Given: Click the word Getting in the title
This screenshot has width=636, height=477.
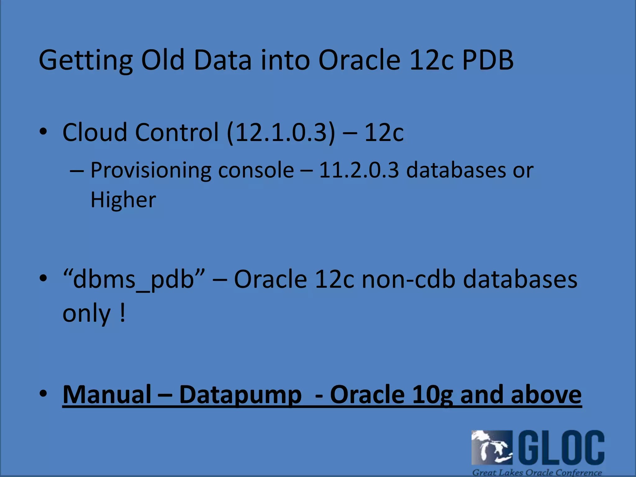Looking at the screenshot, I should [x=85, y=61].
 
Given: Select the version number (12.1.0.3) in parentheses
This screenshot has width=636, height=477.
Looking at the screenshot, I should [x=281, y=132].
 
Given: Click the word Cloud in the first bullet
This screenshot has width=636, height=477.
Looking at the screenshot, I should [x=94, y=132].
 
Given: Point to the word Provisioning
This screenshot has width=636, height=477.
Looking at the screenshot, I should [x=150, y=171].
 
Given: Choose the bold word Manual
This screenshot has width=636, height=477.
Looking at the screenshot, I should [x=107, y=394].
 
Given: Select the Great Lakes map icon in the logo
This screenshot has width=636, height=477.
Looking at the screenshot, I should [x=492, y=447].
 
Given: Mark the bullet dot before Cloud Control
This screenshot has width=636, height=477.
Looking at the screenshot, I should [x=43, y=132].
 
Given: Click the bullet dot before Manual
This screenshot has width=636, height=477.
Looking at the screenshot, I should [x=43, y=394].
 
